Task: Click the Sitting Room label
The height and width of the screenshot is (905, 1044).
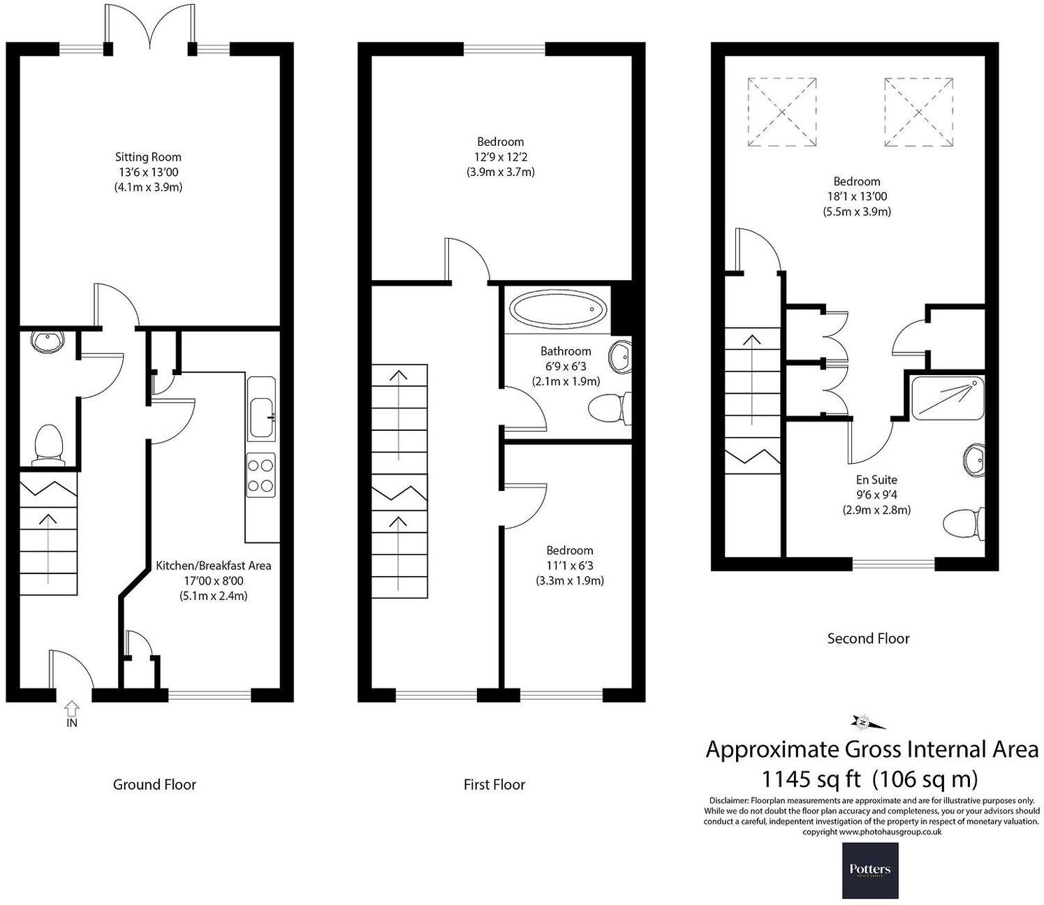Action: (148, 157)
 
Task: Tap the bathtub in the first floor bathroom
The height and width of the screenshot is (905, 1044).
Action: (558, 309)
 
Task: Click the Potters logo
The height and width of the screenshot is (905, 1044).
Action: (869, 870)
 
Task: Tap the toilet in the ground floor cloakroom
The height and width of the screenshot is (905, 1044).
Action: (48, 443)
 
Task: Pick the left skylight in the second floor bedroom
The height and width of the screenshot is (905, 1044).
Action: (782, 112)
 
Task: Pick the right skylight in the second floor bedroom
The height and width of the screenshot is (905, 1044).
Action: (918, 112)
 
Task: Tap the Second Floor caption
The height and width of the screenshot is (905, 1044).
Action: (868, 638)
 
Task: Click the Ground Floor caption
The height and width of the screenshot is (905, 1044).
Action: (154, 784)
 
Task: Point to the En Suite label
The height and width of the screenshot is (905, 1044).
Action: (876, 480)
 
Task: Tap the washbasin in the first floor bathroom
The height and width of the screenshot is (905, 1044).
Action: (619, 357)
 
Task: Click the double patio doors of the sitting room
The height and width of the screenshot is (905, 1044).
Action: (149, 28)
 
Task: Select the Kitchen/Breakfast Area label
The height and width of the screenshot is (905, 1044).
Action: (213, 566)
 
